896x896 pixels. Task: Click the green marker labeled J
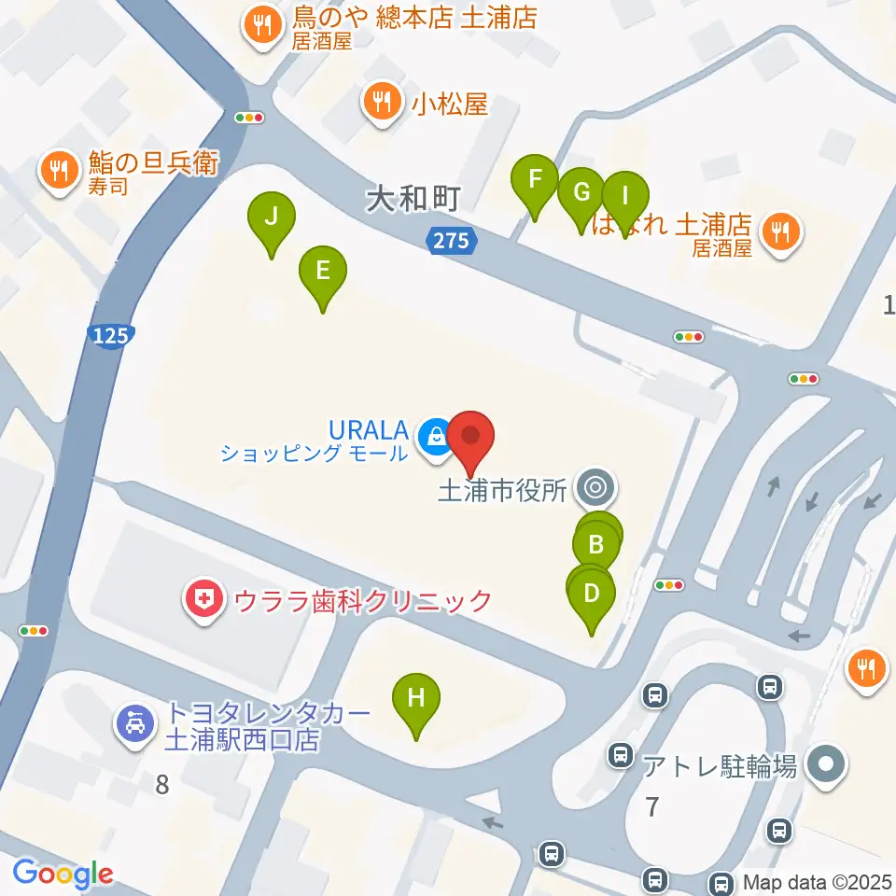tap(272, 218)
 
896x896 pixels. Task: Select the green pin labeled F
tap(535, 179)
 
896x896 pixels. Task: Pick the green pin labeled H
tap(416, 698)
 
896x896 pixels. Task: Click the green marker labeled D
tap(591, 594)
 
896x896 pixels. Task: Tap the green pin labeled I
tap(625, 197)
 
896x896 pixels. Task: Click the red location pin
tap(471, 437)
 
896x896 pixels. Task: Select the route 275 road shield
tap(452, 241)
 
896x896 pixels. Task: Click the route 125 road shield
tap(113, 336)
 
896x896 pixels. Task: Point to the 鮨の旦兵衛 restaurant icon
tap(59, 169)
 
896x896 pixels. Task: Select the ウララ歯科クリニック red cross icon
tap(203, 598)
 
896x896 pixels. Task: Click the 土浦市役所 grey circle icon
tap(595, 486)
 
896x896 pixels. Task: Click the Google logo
tap(62, 875)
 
